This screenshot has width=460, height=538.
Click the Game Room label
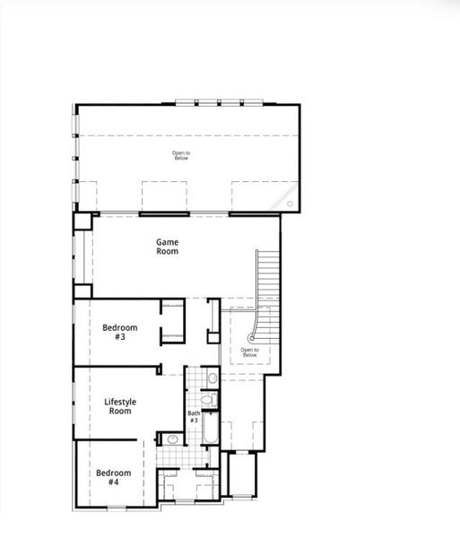coord(168,247)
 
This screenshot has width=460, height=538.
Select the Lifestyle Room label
coord(119,406)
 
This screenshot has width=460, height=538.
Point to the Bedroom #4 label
coord(114,477)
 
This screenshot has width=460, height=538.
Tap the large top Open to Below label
coord(180,155)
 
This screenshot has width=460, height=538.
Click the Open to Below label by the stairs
coord(248,352)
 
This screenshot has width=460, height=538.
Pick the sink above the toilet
coord(212,377)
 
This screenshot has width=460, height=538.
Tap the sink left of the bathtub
coord(172,439)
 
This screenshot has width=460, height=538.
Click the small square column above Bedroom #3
coord(82,291)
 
